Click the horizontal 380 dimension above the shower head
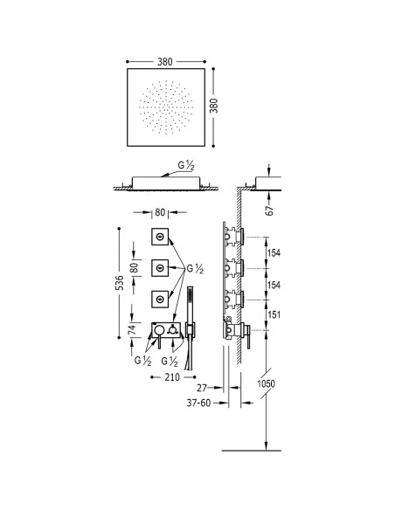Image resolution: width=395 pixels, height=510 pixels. coord(165,61)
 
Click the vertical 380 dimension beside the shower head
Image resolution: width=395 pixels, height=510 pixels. coord(214,106)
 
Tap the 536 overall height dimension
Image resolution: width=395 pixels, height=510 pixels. coord(120,283)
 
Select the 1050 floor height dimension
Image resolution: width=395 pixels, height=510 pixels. coord(267,383)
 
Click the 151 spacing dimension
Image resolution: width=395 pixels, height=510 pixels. coord(274,314)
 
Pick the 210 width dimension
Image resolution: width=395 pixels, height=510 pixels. coord(172,377)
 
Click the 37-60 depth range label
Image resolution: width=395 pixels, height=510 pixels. coord(198,403)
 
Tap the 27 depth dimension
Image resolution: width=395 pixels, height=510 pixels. coord(202,388)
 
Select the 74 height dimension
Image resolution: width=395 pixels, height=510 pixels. coord(131,330)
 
